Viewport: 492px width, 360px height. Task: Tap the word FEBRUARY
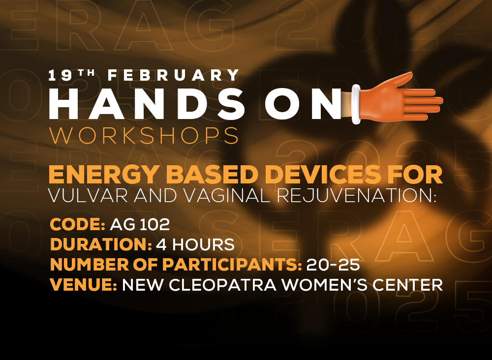174,75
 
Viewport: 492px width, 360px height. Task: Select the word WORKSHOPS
144,135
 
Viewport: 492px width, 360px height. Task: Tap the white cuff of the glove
356,104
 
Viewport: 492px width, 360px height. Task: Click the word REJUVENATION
356,196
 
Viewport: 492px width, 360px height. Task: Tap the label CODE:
78,225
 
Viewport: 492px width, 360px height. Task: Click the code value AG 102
140,225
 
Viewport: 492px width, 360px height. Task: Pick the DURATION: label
101,244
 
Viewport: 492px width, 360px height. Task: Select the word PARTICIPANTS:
232,265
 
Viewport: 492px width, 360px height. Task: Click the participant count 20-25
333,265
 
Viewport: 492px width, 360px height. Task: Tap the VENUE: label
84,285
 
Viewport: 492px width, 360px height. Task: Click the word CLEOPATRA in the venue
223,285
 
